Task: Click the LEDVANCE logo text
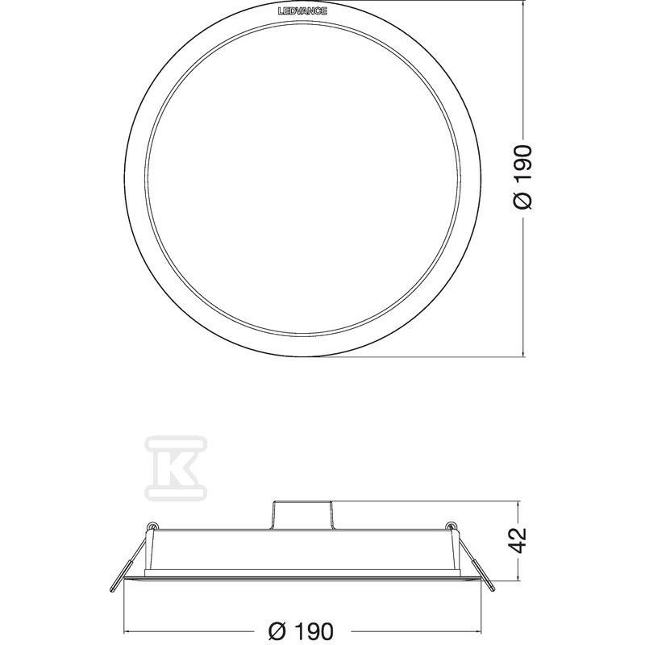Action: pos(302,10)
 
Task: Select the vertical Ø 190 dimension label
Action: pos(523,177)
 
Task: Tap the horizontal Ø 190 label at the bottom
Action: pos(301,630)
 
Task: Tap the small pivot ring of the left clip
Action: pos(153,526)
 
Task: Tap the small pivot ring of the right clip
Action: pos(451,526)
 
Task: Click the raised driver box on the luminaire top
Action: pos(302,514)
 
